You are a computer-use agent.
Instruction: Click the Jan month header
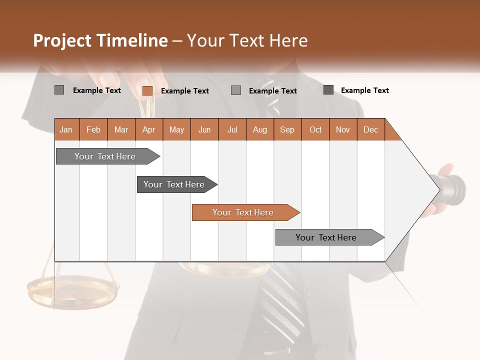[66, 129]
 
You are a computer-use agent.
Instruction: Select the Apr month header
[148, 129]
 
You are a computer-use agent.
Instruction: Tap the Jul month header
[232, 129]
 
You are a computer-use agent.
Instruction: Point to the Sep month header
[287, 129]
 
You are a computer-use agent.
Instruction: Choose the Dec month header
[370, 129]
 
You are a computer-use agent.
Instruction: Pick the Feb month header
[93, 129]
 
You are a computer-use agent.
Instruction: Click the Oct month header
[315, 129]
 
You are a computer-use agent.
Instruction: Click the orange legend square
[147, 90]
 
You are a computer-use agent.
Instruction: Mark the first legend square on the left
[59, 90]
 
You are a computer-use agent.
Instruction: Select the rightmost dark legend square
[328, 90]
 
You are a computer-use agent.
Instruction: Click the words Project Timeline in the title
[100, 40]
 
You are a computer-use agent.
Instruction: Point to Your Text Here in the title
[247, 40]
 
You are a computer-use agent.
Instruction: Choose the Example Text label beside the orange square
[185, 91]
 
